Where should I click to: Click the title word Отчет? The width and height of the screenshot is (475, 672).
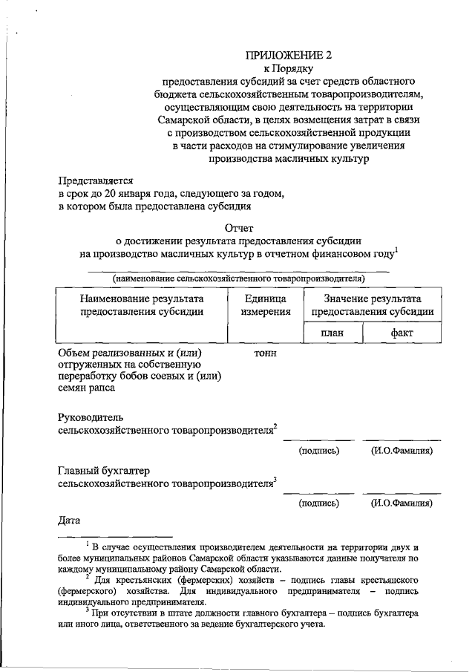pyautogui.click(x=238, y=229)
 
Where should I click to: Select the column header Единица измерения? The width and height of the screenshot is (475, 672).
pyautogui.click(x=265, y=305)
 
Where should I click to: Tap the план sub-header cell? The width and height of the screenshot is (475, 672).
pyautogui.click(x=332, y=333)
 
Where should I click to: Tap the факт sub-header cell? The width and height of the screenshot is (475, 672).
pyautogui.click(x=402, y=333)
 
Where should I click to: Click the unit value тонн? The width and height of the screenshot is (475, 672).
pyautogui.click(x=265, y=353)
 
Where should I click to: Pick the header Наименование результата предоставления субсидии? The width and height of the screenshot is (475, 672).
pyautogui.click(x=142, y=305)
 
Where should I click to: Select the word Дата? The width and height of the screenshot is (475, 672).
pyautogui.click(x=70, y=520)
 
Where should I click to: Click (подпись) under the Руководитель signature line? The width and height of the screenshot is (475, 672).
pyautogui.click(x=319, y=451)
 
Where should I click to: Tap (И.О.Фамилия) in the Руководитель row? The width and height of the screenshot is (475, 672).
pyautogui.click(x=402, y=451)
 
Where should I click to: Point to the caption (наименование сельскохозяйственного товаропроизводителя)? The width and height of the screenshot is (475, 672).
pyautogui.click(x=238, y=278)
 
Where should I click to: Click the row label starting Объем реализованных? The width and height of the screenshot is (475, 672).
pyautogui.click(x=131, y=353)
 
